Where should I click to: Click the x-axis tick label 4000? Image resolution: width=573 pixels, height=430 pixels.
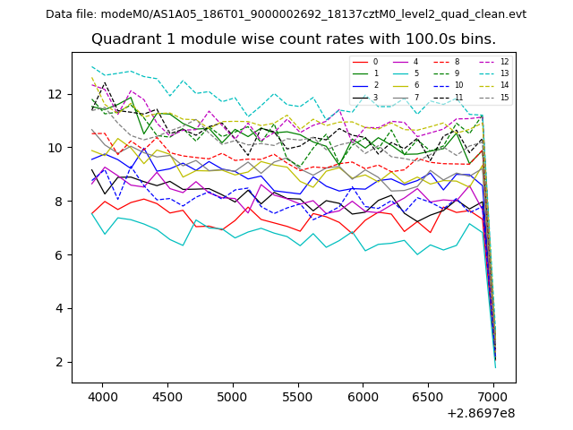click(102, 395)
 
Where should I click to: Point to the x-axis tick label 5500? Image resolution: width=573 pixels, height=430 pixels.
click(297, 395)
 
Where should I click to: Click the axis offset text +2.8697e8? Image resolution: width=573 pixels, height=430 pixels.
click(480, 413)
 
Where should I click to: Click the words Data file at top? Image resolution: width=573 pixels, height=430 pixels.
click(71, 14)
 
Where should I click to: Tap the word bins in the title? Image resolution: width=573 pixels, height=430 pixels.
click(475, 39)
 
